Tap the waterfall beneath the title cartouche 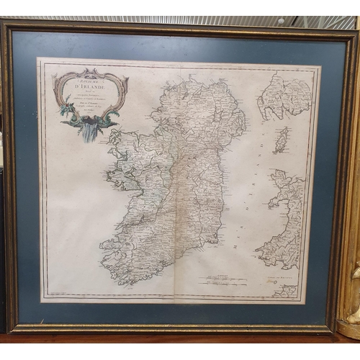pyautogui.click(x=89, y=132)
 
